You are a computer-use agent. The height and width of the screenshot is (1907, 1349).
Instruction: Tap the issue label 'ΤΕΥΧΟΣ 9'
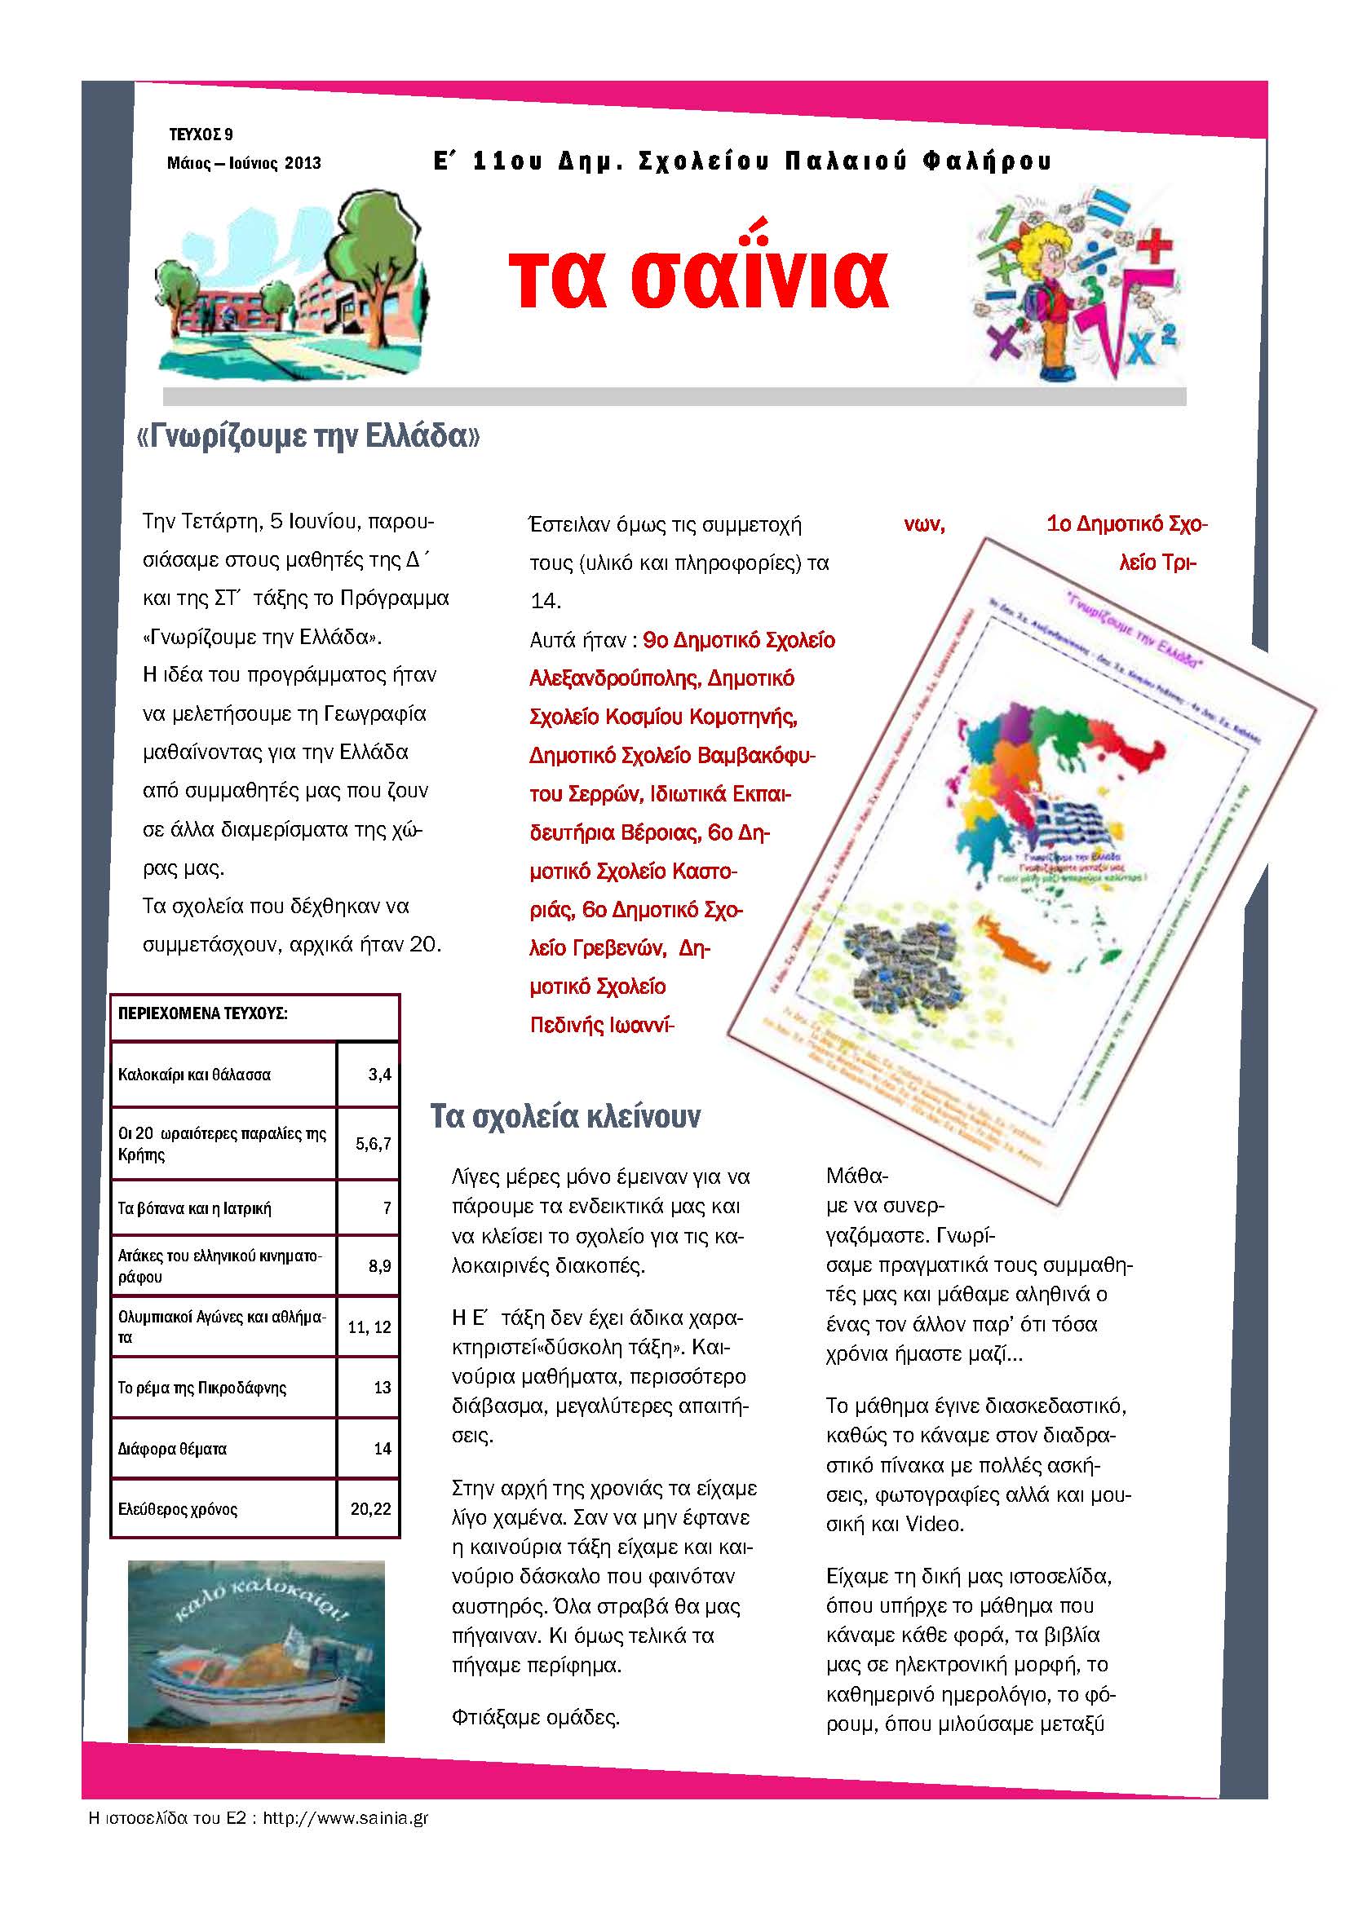coord(200,135)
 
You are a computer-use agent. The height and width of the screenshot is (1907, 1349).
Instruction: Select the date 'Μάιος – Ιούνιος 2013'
coord(243,163)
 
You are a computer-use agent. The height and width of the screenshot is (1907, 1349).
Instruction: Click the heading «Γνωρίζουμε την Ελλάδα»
coord(307,436)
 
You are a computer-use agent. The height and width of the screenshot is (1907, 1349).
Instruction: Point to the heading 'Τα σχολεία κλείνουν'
coord(565,1116)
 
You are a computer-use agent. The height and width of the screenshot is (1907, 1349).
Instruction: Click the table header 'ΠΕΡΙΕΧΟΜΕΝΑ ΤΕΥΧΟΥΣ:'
coord(203,1013)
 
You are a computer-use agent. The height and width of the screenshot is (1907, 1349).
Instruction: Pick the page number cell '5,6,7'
coord(373,1143)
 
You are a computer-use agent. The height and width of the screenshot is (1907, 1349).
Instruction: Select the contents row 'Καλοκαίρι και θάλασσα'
coord(194,1075)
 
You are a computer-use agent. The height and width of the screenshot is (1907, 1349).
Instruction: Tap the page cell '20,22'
coord(370,1509)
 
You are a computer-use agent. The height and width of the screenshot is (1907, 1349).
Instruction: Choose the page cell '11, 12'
coord(369,1327)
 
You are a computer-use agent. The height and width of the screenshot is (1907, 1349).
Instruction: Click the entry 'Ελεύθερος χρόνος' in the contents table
coord(178,1509)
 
